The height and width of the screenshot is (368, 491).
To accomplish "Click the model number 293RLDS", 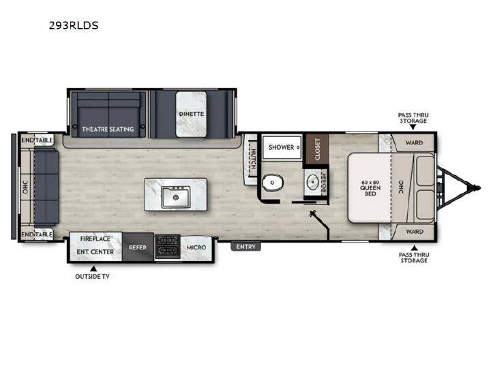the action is tap(74, 25).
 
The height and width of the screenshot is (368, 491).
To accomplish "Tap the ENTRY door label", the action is tap(245, 247).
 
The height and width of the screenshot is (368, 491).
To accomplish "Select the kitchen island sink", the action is tap(176, 197).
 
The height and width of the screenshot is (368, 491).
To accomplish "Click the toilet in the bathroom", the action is tap(273, 183).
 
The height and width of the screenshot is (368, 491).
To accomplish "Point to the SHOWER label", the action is tap(281, 147).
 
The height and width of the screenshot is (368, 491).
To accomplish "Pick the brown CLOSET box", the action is tap(317, 149).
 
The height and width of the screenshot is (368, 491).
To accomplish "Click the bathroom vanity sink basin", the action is tap(312, 182).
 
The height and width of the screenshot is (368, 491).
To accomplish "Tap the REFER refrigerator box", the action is tap(138, 247).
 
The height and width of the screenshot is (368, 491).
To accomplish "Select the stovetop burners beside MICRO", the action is tap(168, 247).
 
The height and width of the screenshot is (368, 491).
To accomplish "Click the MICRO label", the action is tap(196, 247).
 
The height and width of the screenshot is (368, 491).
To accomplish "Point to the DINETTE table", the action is tap(191, 114).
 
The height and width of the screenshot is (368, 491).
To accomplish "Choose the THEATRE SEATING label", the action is tap(108, 129).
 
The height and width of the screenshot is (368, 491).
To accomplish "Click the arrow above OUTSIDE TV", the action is tap(93, 269).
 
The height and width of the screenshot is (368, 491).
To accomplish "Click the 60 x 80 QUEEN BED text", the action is tap(370, 188).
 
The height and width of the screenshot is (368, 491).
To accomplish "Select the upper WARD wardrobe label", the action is tap(414, 142).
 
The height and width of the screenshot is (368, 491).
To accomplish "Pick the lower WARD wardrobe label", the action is tap(415, 232).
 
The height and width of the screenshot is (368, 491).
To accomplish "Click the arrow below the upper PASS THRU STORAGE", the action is tap(413, 127).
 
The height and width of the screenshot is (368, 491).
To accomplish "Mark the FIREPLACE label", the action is tap(95, 239).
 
